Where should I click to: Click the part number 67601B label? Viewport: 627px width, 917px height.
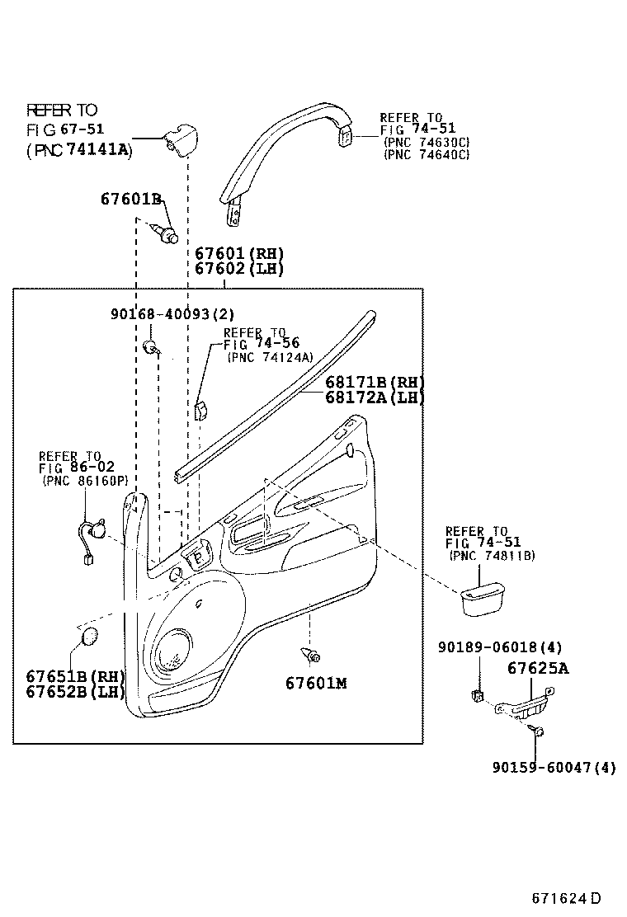130,199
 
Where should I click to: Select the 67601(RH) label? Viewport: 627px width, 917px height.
239,254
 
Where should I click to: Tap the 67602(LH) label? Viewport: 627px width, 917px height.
239,269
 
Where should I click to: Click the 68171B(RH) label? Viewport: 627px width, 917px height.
374,382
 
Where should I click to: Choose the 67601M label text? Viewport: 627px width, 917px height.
316,683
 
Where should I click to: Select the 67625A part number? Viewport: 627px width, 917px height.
537,669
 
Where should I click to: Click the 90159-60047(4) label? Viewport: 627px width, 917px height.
554,768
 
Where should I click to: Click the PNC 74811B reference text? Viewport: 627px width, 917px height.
492,556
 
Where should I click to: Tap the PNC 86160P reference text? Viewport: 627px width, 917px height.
84,482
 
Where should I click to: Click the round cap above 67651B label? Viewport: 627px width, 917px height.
87,637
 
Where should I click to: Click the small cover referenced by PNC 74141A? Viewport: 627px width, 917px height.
179,140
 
